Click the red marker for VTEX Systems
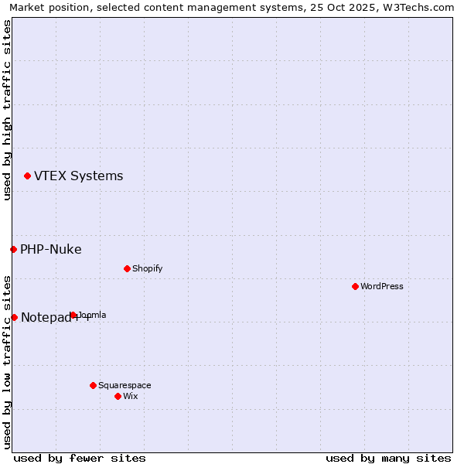[27, 176]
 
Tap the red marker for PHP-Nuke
[13, 249]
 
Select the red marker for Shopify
[127, 268]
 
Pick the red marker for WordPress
[355, 286]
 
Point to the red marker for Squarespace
[93, 385]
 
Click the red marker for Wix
[118, 396]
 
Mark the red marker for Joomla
[73, 315]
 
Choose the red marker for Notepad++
[14, 317]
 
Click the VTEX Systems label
[78, 176]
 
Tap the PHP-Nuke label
[51, 249]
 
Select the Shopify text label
[147, 268]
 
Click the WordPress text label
[382, 286]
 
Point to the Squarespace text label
[125, 385]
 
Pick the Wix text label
[130, 396]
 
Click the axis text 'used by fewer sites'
[80, 458]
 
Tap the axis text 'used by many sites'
[388, 458]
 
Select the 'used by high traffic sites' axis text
[7, 110]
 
